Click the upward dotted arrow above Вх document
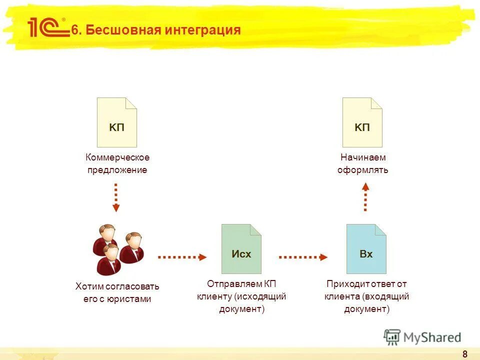point(365,196)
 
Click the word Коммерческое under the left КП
point(117,157)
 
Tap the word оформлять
point(362,170)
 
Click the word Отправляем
point(228,284)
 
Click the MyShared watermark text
point(432,337)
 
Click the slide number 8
point(465,354)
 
